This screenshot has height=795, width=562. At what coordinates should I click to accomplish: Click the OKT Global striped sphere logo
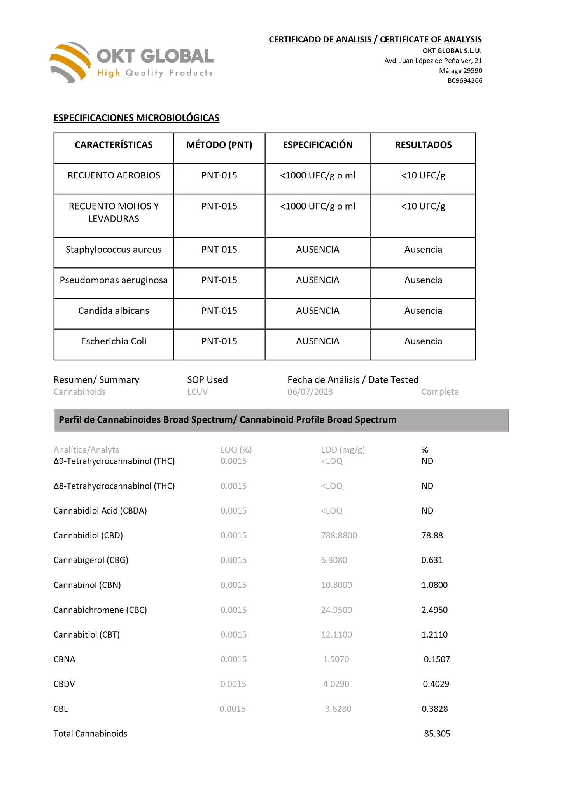70,62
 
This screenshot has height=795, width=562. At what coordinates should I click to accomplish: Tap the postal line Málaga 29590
460,71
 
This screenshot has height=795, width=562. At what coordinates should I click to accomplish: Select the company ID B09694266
465,81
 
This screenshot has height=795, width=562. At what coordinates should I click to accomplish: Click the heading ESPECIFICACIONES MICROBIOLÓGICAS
136,118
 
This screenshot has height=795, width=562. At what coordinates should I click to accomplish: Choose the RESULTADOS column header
423,145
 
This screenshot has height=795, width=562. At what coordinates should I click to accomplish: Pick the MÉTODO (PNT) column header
219,145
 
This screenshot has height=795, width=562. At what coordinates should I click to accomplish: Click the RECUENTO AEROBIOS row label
114,176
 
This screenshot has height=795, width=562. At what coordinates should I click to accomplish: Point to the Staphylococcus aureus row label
113,250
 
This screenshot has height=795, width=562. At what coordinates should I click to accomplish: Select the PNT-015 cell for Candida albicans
219,311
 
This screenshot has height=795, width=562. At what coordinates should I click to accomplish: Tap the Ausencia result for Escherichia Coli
423,341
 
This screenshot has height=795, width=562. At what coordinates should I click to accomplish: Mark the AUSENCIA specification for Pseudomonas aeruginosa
317,280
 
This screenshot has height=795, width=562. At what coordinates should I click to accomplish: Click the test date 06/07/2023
310,392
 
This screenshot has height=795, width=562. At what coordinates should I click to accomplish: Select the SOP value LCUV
197,392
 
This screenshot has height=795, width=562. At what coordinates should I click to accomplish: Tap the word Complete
440,392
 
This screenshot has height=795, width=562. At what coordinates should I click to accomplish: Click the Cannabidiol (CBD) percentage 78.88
432,535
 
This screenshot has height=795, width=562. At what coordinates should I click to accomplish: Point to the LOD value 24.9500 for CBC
336,610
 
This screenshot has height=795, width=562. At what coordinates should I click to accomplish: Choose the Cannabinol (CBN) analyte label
87,585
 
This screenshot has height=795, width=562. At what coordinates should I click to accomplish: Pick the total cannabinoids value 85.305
437,734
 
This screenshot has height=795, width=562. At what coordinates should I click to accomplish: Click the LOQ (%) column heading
236,450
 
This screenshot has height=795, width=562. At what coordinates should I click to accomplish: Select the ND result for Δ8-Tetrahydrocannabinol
427,486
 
